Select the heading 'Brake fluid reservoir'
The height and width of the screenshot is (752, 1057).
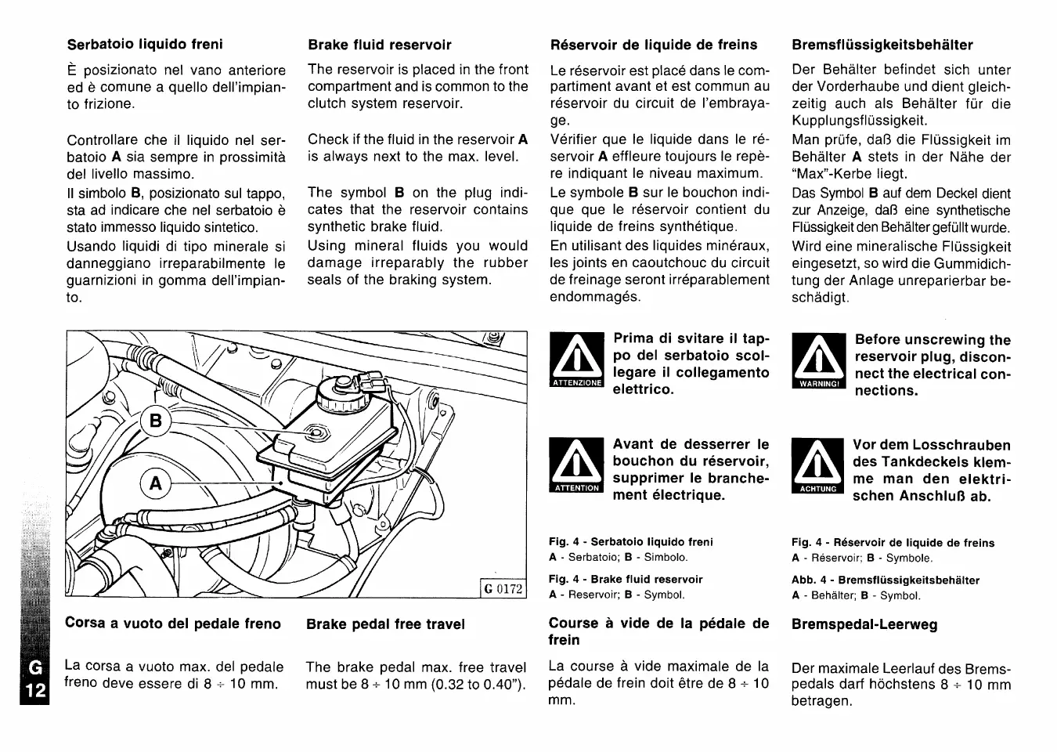(x=380, y=45)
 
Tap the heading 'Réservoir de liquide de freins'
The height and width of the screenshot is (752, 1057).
(x=654, y=45)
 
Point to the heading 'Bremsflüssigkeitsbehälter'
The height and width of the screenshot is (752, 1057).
(x=882, y=45)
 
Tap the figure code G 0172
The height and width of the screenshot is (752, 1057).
(x=503, y=588)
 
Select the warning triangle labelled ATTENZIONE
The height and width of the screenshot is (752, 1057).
(x=577, y=360)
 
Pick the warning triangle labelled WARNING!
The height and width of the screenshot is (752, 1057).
(x=819, y=361)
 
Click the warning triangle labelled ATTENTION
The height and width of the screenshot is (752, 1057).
(x=576, y=466)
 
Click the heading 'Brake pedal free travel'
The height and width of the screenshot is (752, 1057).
(x=385, y=624)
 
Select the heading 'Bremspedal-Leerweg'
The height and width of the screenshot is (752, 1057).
(x=864, y=624)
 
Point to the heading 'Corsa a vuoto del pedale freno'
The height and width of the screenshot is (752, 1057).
(x=173, y=624)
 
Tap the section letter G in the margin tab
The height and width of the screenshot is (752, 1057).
(x=34, y=667)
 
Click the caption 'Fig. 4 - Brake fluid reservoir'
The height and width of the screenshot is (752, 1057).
(x=626, y=580)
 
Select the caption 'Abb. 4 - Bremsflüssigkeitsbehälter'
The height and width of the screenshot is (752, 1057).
(x=886, y=580)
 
